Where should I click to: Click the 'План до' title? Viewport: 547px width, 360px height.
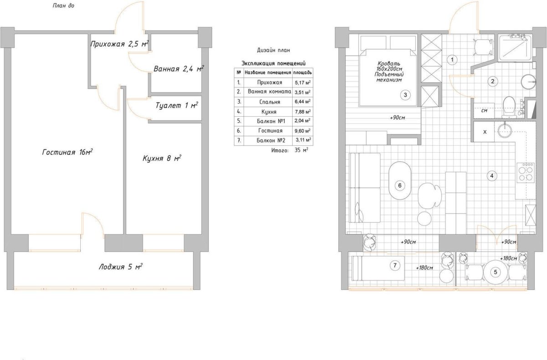click(63, 5)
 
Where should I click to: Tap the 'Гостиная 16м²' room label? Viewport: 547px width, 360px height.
click(67, 152)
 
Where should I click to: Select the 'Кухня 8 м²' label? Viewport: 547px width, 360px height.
click(162, 158)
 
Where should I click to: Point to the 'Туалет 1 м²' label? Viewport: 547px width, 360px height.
click(177, 105)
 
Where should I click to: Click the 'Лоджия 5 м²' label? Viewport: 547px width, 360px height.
click(121, 267)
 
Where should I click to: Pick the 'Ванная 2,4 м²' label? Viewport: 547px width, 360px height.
click(179, 69)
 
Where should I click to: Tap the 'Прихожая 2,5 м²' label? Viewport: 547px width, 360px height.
click(119, 44)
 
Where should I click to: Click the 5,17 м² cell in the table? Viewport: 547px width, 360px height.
click(303, 82)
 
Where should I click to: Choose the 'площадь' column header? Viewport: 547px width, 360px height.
click(302, 72)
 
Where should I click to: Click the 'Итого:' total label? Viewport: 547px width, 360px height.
click(279, 150)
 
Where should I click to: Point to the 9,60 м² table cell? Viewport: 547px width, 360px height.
click(303, 131)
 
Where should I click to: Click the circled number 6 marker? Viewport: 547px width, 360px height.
click(400, 185)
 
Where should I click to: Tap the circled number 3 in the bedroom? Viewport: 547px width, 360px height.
click(405, 95)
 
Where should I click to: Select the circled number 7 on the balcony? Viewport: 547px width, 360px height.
click(395, 265)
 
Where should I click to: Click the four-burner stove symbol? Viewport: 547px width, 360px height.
click(526, 173)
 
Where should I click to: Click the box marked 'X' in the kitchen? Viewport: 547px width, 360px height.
click(484, 132)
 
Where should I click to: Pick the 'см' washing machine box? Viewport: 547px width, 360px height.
click(484, 111)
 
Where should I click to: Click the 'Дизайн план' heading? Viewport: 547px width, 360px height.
click(273, 50)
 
